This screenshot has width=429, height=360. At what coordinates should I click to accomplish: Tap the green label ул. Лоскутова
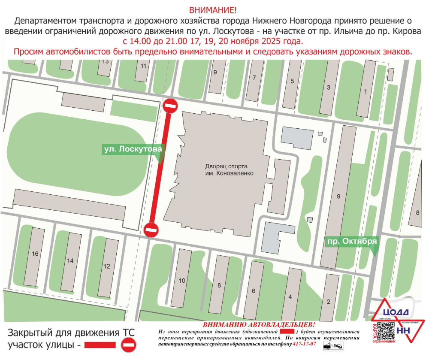pyautogui.click(x=133, y=149)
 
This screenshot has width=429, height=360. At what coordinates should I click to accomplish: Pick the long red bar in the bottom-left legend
pyautogui.click(x=100, y=345)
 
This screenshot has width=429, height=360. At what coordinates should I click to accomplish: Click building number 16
pyautogui.click(x=35, y=254)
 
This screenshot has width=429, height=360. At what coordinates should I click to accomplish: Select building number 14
pyautogui.click(x=70, y=260)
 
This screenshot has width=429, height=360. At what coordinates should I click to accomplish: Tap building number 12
pyautogui.click(x=107, y=266)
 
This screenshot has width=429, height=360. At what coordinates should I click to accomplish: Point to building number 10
pyautogui.click(x=182, y=281)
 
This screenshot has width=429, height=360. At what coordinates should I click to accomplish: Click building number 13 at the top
pyautogui.click(x=106, y=61)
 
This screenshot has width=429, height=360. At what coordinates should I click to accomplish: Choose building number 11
pyautogui.click(x=143, y=66)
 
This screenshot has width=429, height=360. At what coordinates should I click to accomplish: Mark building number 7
pyautogui.click(x=254, y=78)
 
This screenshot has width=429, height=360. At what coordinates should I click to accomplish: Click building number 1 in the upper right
pyautogui.click(x=365, y=91)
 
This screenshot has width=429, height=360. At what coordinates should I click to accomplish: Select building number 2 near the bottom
pyautogui.click(x=328, y=302)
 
